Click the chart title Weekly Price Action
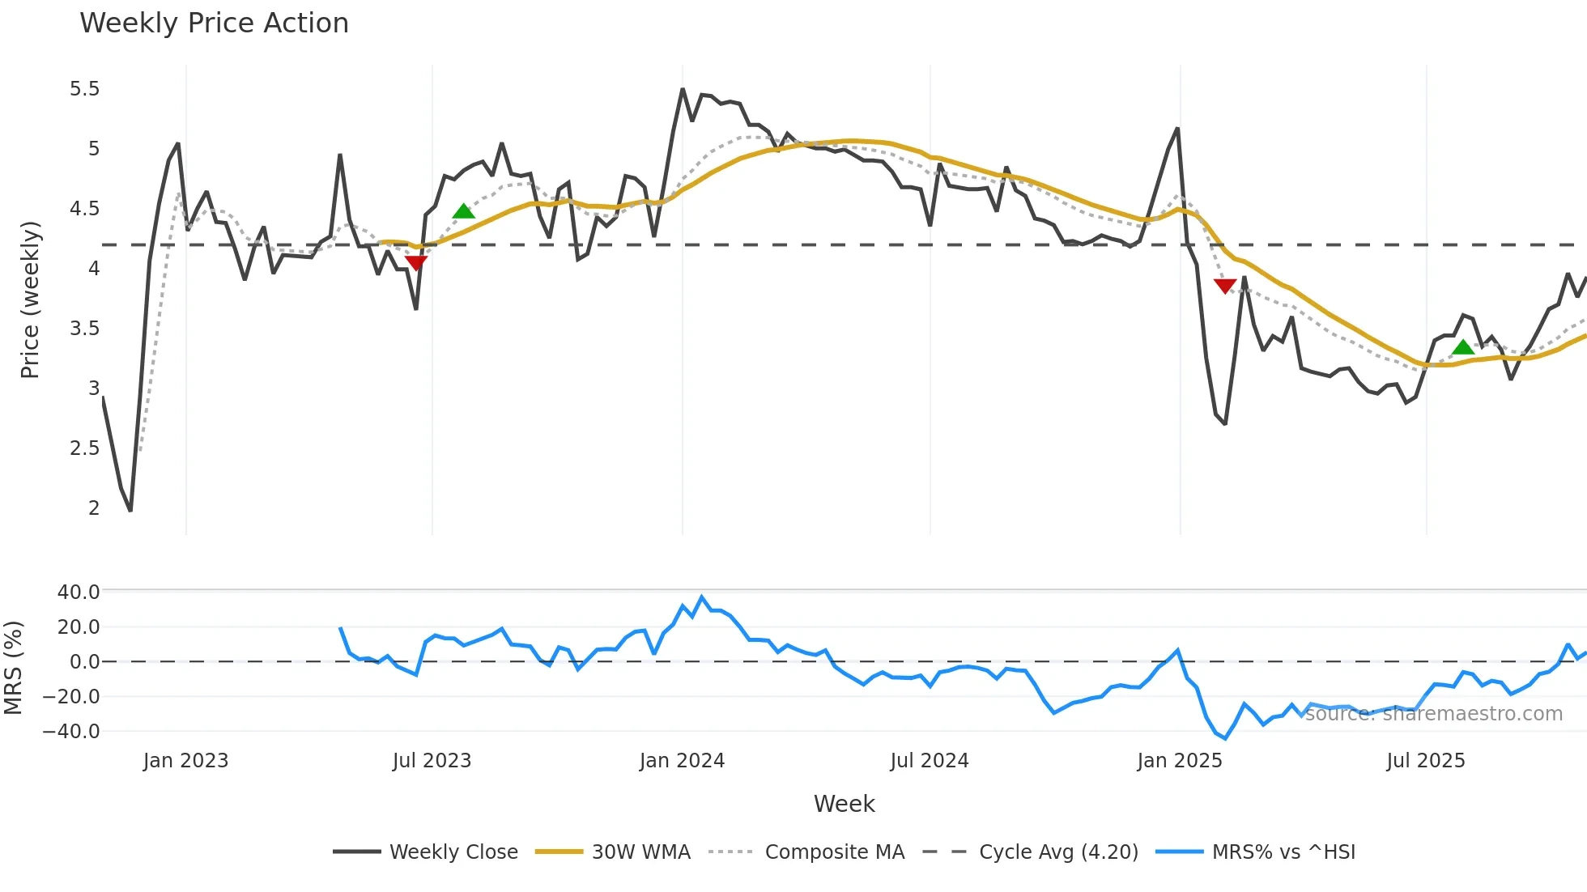tap(214, 23)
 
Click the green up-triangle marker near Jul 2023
tap(463, 212)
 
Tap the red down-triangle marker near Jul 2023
tap(415, 262)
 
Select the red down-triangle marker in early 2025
tap(1225, 286)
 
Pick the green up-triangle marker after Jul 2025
tap(1463, 348)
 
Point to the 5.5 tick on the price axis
tap(84, 89)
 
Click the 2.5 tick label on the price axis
tap(84, 448)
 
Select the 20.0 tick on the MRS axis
tap(79, 627)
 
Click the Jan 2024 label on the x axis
tap(682, 761)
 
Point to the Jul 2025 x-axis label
tap(1425, 761)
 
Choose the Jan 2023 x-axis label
tap(185, 761)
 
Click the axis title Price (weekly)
tap(30, 299)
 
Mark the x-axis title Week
tap(844, 804)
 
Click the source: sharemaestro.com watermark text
tap(1433, 714)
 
